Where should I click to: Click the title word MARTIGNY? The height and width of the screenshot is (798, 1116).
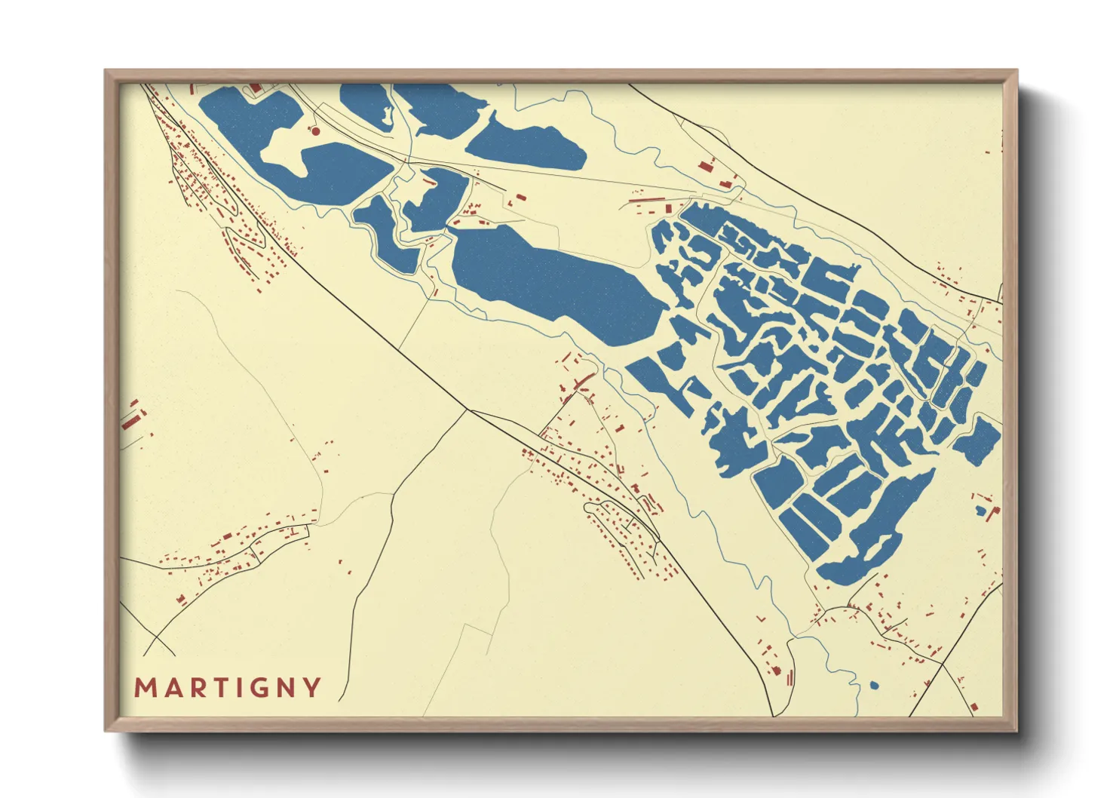tap(228, 687)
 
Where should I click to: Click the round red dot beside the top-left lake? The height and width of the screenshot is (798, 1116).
tap(316, 131)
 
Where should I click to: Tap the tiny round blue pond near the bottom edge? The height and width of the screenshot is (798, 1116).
tap(874, 686)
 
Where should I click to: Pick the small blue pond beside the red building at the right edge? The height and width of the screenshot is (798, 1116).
tap(980, 511)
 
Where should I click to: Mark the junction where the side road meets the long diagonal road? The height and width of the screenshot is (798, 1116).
tap(469, 410)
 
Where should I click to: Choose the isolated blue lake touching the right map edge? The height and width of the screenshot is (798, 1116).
tap(979, 440)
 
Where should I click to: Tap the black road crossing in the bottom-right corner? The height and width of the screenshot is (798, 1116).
tap(943, 664)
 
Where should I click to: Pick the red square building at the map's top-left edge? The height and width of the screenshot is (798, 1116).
tap(254, 88)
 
